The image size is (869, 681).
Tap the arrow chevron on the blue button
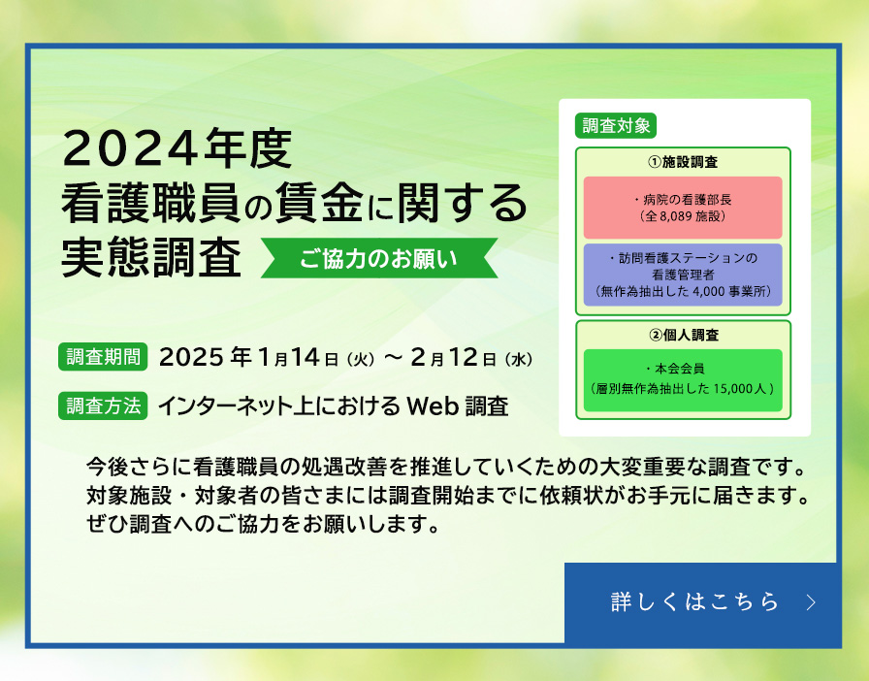(812, 602)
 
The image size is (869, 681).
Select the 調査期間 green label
(103, 356)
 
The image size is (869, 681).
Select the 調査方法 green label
(103, 405)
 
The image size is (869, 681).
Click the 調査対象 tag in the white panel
(617, 125)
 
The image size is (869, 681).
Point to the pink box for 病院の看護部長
(683, 208)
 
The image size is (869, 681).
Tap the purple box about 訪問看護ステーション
(683, 275)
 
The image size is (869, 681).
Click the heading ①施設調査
(683, 161)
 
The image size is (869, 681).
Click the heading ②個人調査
(683, 335)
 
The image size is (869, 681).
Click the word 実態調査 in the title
(151, 258)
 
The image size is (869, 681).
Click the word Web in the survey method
(432, 405)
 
